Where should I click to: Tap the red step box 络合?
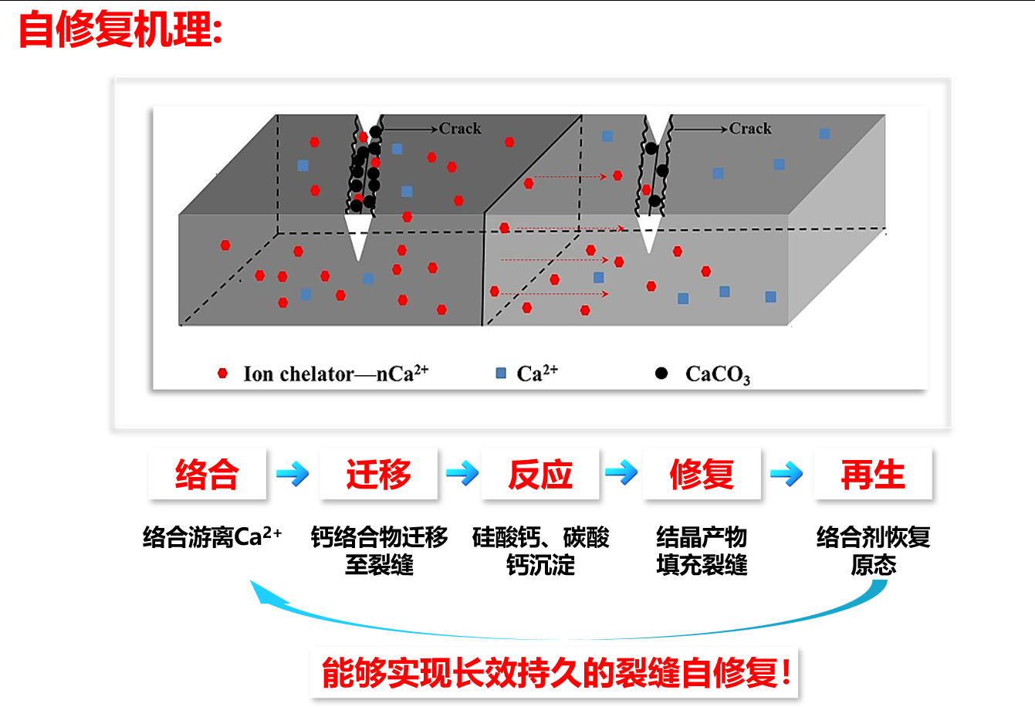pyautogui.click(x=207, y=474)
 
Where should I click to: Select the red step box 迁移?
pyautogui.click(x=378, y=474)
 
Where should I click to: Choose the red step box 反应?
pyautogui.click(x=540, y=474)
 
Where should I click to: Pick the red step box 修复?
pyautogui.click(x=702, y=474)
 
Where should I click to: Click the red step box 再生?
pyautogui.click(x=873, y=474)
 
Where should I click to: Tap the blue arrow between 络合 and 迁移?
pyautogui.click(x=293, y=474)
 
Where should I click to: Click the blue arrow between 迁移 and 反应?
pyautogui.click(x=462, y=474)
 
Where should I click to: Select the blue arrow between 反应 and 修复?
pyautogui.click(x=621, y=472)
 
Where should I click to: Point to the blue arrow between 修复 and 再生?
pyautogui.click(x=786, y=474)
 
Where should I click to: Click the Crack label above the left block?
pyautogui.click(x=460, y=129)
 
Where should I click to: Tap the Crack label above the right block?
pyautogui.click(x=750, y=129)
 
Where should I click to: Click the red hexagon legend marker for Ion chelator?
pyautogui.click(x=223, y=374)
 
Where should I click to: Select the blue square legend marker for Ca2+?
pyautogui.click(x=501, y=374)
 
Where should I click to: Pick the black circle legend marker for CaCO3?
pyautogui.click(x=661, y=374)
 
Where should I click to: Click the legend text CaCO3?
pyautogui.click(x=717, y=375)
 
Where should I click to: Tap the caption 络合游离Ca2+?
pyautogui.click(x=212, y=536)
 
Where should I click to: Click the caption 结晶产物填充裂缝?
pyautogui.click(x=702, y=550)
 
